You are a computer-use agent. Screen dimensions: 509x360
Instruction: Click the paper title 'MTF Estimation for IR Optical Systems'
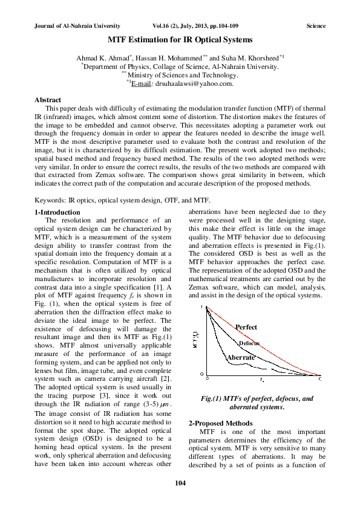180,40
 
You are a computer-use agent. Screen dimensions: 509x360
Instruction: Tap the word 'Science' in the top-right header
316,26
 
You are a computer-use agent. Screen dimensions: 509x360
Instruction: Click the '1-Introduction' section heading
57,212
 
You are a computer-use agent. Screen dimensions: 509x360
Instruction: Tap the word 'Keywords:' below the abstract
50,200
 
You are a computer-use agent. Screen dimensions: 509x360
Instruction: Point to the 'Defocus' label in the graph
249,343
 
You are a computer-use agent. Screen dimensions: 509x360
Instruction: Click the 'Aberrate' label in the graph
241,358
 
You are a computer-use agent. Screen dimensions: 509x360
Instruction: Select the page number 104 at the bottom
180,482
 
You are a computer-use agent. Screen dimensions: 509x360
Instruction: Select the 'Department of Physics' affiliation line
181,66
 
